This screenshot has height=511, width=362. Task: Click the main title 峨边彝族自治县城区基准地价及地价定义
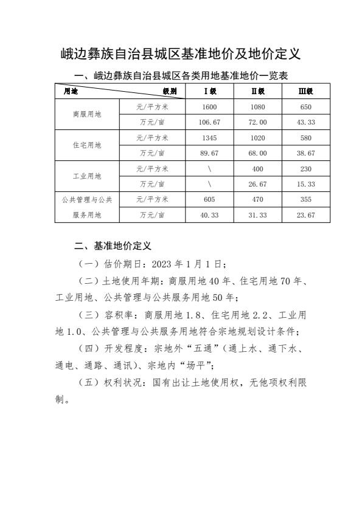pyautogui.click(x=181, y=55)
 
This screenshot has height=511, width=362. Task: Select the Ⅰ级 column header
pyautogui.click(x=209, y=91)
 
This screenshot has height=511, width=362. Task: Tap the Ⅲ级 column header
pyautogui.click(x=305, y=91)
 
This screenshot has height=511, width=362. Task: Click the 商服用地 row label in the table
pyautogui.click(x=87, y=114)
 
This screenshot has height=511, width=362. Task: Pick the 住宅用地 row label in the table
pyautogui.click(x=87, y=145)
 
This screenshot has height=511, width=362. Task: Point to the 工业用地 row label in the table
pyautogui.click(x=87, y=176)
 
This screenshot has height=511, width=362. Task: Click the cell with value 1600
pyautogui.click(x=209, y=106)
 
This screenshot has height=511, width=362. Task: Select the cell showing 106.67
pyautogui.click(x=209, y=122)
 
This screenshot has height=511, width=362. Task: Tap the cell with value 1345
pyautogui.click(x=209, y=137)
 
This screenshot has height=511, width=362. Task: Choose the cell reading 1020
pyautogui.click(x=258, y=137)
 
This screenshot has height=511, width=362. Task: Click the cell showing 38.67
pyautogui.click(x=305, y=153)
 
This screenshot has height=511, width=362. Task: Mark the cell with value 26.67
pyautogui.click(x=258, y=183)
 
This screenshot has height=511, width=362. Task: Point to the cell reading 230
pyautogui.click(x=305, y=168)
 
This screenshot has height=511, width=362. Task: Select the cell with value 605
pyautogui.click(x=209, y=199)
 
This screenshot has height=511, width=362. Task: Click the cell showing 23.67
pyautogui.click(x=305, y=214)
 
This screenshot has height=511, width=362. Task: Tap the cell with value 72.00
pyautogui.click(x=258, y=122)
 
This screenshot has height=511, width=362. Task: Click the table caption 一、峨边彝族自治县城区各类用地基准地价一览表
pyautogui.click(x=180, y=75)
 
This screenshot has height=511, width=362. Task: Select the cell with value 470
pyautogui.click(x=258, y=199)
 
